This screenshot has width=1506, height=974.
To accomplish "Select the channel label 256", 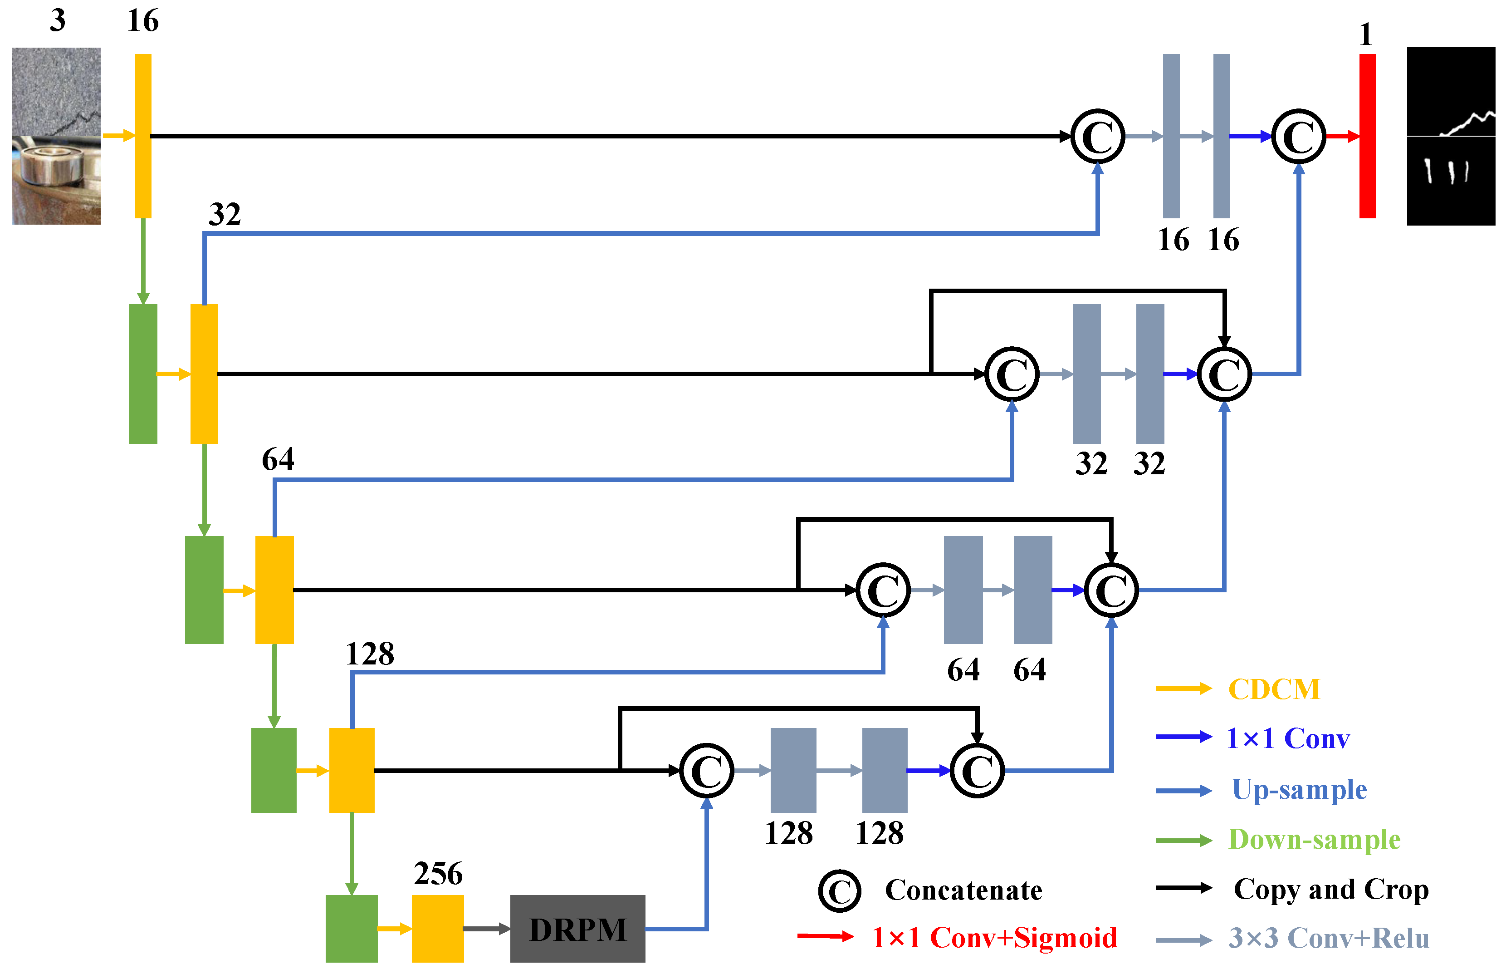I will point(438,873).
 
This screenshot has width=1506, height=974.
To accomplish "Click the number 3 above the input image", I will point(58,21).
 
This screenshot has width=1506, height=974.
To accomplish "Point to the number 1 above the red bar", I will point(1366,34).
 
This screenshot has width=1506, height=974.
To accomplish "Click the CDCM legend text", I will point(1273,689).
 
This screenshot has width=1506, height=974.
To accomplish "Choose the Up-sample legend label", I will point(1299,789).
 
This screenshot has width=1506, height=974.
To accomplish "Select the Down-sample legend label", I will point(1314,840).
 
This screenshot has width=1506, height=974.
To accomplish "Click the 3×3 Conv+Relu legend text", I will point(1329,939).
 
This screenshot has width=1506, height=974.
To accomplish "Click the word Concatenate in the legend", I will point(963,890).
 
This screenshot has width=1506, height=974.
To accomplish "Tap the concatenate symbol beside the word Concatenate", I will point(839,890).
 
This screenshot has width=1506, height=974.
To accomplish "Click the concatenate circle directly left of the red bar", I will point(1298,136).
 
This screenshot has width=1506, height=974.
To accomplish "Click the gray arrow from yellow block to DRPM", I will point(486,929).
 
